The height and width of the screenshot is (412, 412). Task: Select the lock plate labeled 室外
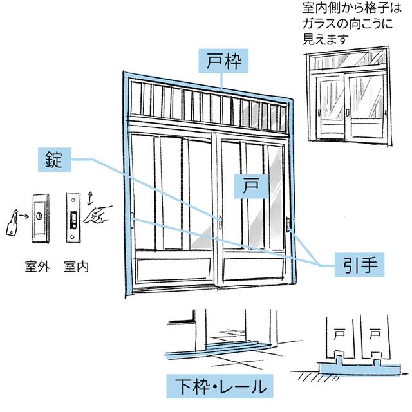(41, 217)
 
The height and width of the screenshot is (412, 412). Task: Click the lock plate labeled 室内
(73, 217)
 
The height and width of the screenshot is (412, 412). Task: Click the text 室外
(41, 266)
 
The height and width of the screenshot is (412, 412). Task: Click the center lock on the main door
(220, 222)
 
